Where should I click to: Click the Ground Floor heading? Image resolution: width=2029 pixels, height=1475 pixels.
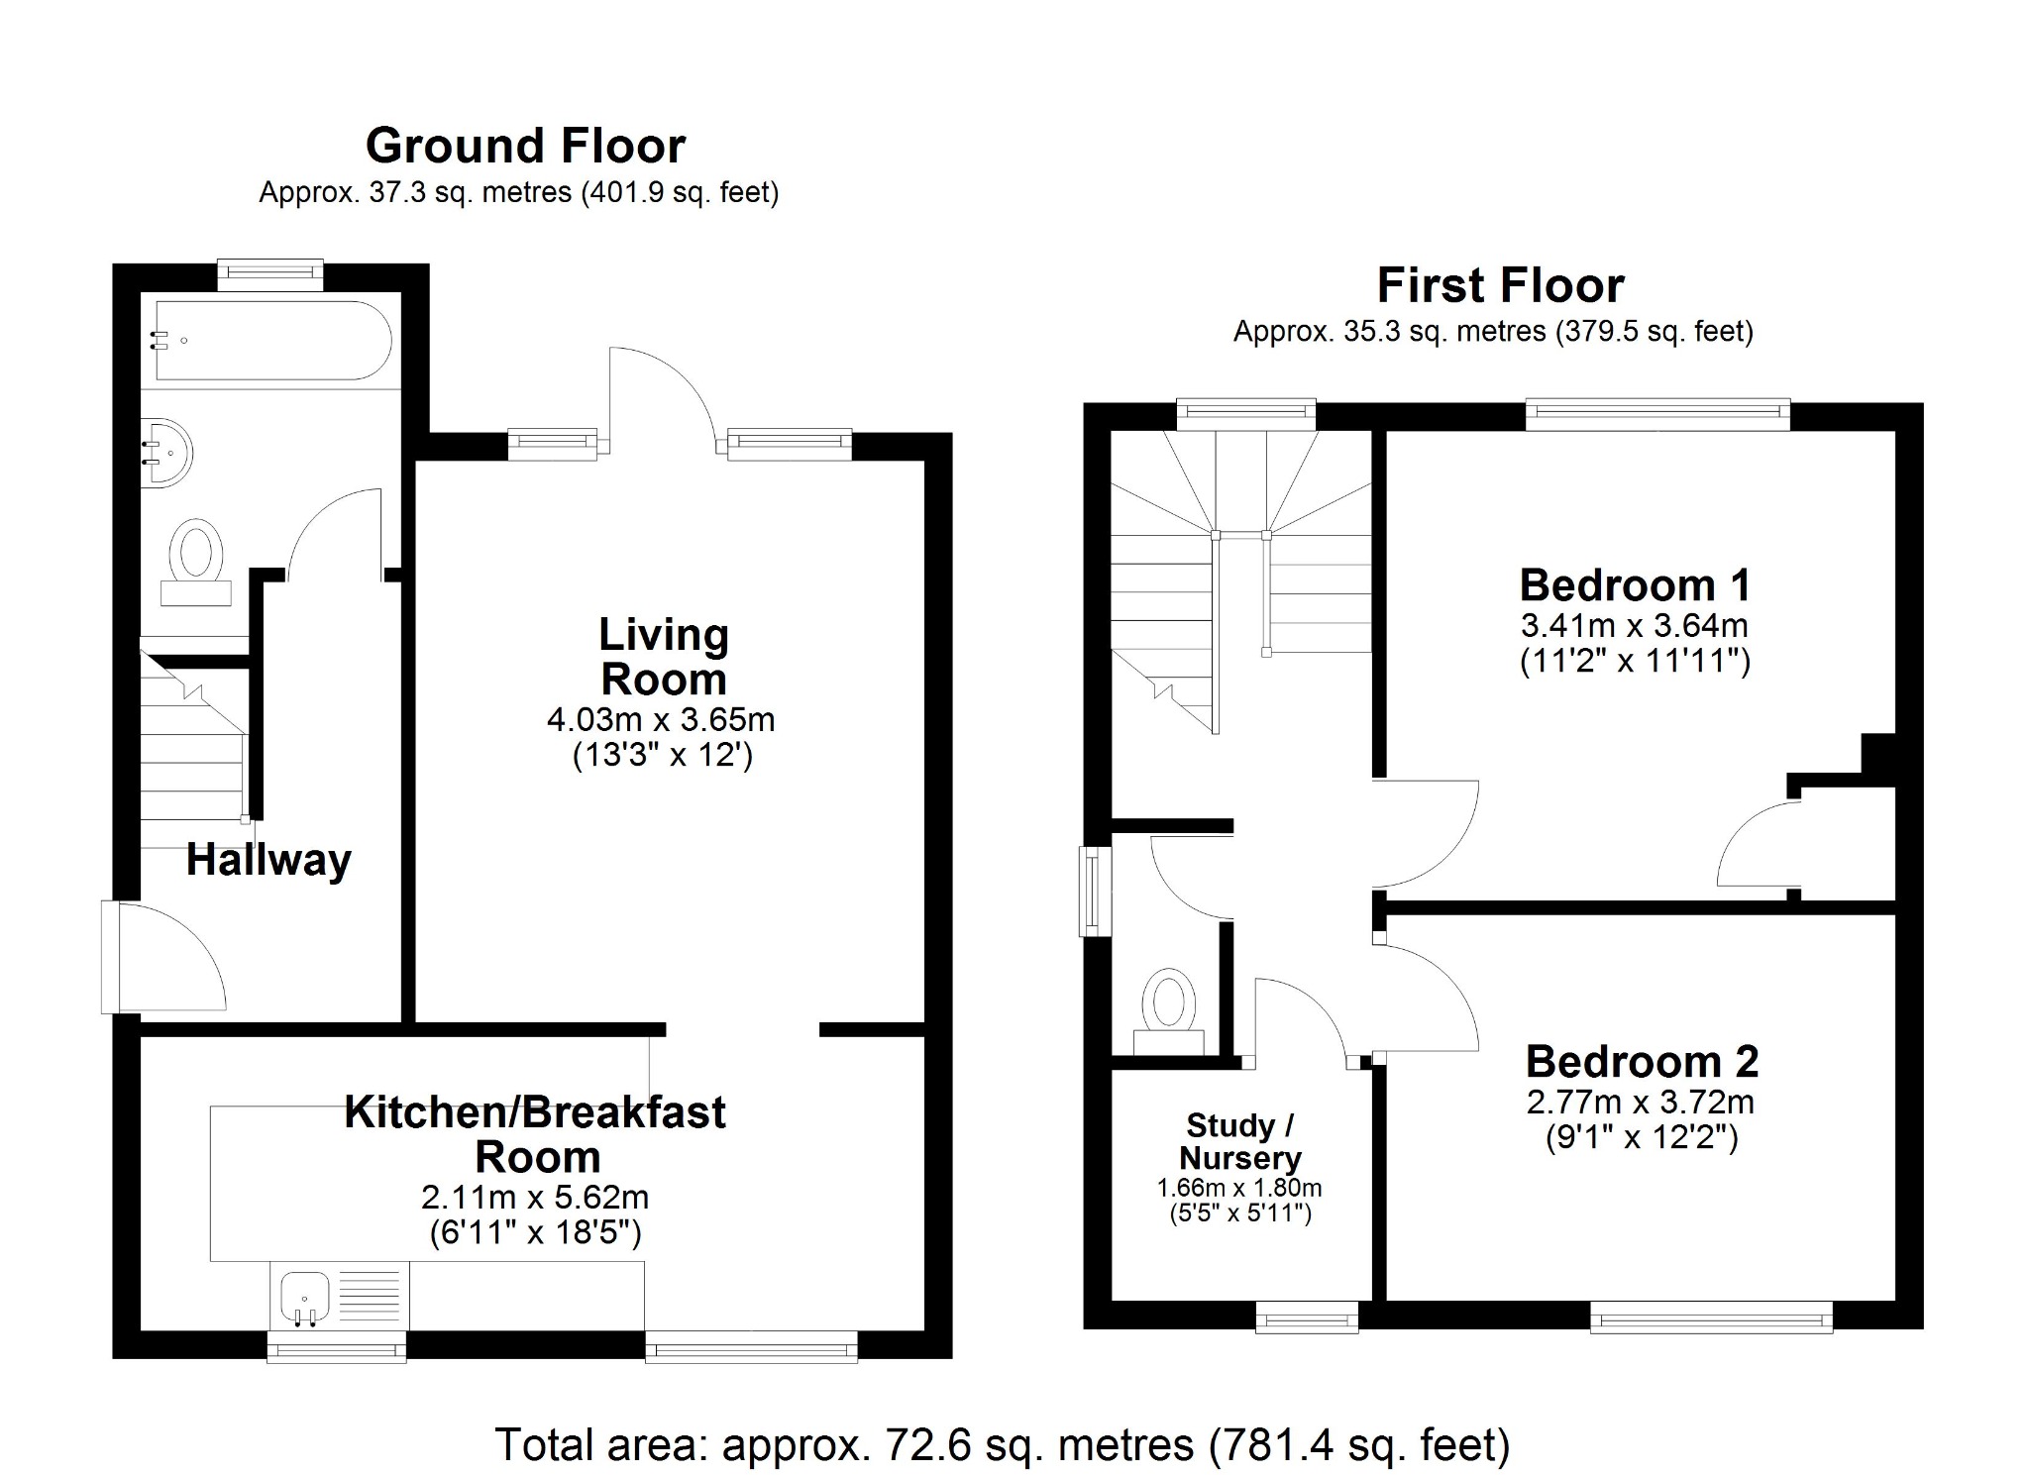coord(525,147)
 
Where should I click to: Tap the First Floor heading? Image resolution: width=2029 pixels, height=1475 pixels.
coord(1500,286)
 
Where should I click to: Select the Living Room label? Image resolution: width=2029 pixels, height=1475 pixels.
coord(663,657)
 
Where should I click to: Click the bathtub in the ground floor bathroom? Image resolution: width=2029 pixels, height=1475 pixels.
coord(272,341)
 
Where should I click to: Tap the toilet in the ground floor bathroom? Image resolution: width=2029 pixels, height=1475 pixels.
coord(196,561)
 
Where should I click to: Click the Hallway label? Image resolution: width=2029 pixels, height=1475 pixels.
coord(268,860)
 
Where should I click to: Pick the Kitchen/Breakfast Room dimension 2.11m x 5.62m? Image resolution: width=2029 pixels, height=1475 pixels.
coord(535,1198)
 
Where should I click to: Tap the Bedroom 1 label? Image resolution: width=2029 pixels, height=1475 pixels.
coord(1635,585)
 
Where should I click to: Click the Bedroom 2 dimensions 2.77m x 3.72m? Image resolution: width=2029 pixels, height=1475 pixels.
coord(1641,1102)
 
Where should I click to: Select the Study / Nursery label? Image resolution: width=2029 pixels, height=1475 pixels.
coord(1239,1141)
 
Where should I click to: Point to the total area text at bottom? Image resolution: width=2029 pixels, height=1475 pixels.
coord(1002,1445)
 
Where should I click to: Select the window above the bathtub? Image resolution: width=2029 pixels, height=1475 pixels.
coord(270,274)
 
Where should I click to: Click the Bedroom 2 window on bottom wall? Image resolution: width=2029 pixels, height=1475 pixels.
coord(1711,1317)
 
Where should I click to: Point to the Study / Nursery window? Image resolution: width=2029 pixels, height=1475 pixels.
coord(1307,1317)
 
